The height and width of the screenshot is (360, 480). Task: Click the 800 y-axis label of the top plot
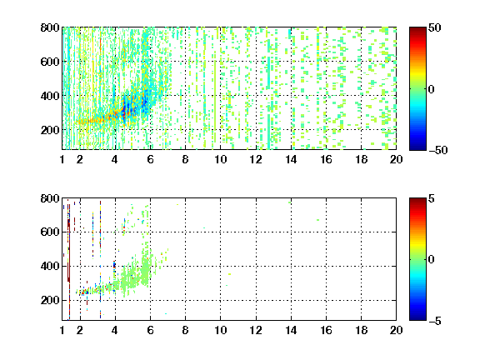tap(50, 27)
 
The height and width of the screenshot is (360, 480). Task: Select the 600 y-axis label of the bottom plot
tap(50, 232)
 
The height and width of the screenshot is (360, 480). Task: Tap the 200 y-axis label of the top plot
tap(50, 130)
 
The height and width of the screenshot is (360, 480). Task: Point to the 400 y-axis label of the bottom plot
tap(50, 266)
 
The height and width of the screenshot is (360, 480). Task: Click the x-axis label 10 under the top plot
tap(220, 159)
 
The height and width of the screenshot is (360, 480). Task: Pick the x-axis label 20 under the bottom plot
tap(396, 330)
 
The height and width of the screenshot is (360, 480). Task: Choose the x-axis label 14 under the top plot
tap(291, 159)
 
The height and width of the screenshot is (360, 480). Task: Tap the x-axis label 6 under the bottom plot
tap(150, 330)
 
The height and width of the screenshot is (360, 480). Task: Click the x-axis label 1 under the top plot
tap(62, 159)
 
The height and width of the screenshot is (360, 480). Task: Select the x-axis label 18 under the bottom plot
tap(361, 330)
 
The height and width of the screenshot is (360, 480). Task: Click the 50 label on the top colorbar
tap(434, 27)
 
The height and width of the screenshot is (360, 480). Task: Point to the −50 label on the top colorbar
tap(437, 150)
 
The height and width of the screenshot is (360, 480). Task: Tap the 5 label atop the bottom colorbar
tap(432, 198)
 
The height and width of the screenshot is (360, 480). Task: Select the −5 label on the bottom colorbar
tap(435, 321)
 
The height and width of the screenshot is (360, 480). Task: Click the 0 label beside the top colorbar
tap(432, 89)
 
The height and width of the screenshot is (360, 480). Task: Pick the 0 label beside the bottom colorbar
tap(432, 260)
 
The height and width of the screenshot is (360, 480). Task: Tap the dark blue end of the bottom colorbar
tap(417, 318)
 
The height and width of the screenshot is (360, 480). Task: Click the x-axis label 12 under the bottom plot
tap(256, 330)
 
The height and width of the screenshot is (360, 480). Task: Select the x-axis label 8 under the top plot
tap(185, 159)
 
